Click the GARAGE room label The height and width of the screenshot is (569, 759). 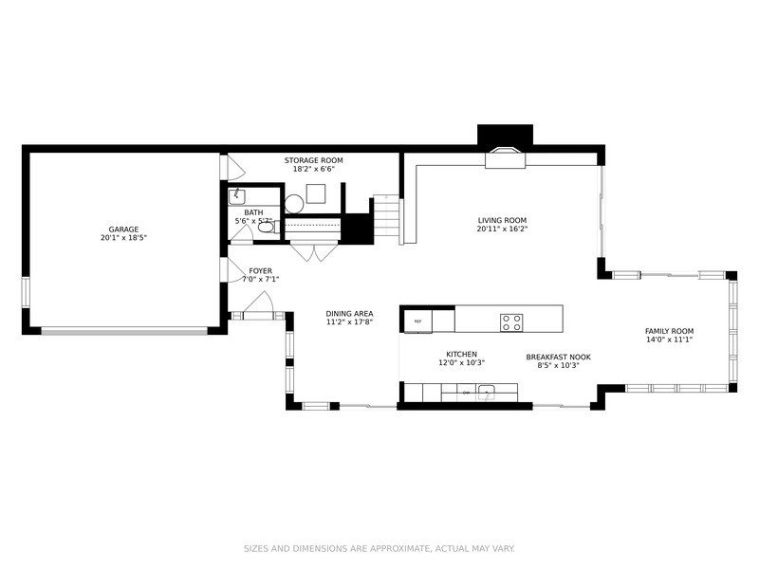123,229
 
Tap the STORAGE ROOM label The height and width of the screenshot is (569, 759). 314,160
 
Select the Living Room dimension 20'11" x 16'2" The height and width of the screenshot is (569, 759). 502,229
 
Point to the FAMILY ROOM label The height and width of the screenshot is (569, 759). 670,331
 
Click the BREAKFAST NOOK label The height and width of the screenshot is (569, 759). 559,358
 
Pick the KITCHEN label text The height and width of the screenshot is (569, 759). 462,354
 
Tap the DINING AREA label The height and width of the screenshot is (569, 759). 349,314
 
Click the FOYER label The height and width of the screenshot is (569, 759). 260,271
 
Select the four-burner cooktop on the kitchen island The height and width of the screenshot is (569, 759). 511,322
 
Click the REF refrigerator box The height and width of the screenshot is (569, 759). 418,321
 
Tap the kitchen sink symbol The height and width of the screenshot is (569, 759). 486,393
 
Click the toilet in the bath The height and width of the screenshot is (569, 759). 268,227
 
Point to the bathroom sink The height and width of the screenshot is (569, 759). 236,197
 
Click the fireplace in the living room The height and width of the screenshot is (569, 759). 506,158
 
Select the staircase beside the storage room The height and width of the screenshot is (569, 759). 388,220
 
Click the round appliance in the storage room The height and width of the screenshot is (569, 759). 294,204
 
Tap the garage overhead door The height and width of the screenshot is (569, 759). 124,331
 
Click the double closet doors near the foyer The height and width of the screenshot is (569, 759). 314,252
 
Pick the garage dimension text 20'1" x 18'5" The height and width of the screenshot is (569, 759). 123,238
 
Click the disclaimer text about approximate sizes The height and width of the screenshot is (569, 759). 379,549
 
